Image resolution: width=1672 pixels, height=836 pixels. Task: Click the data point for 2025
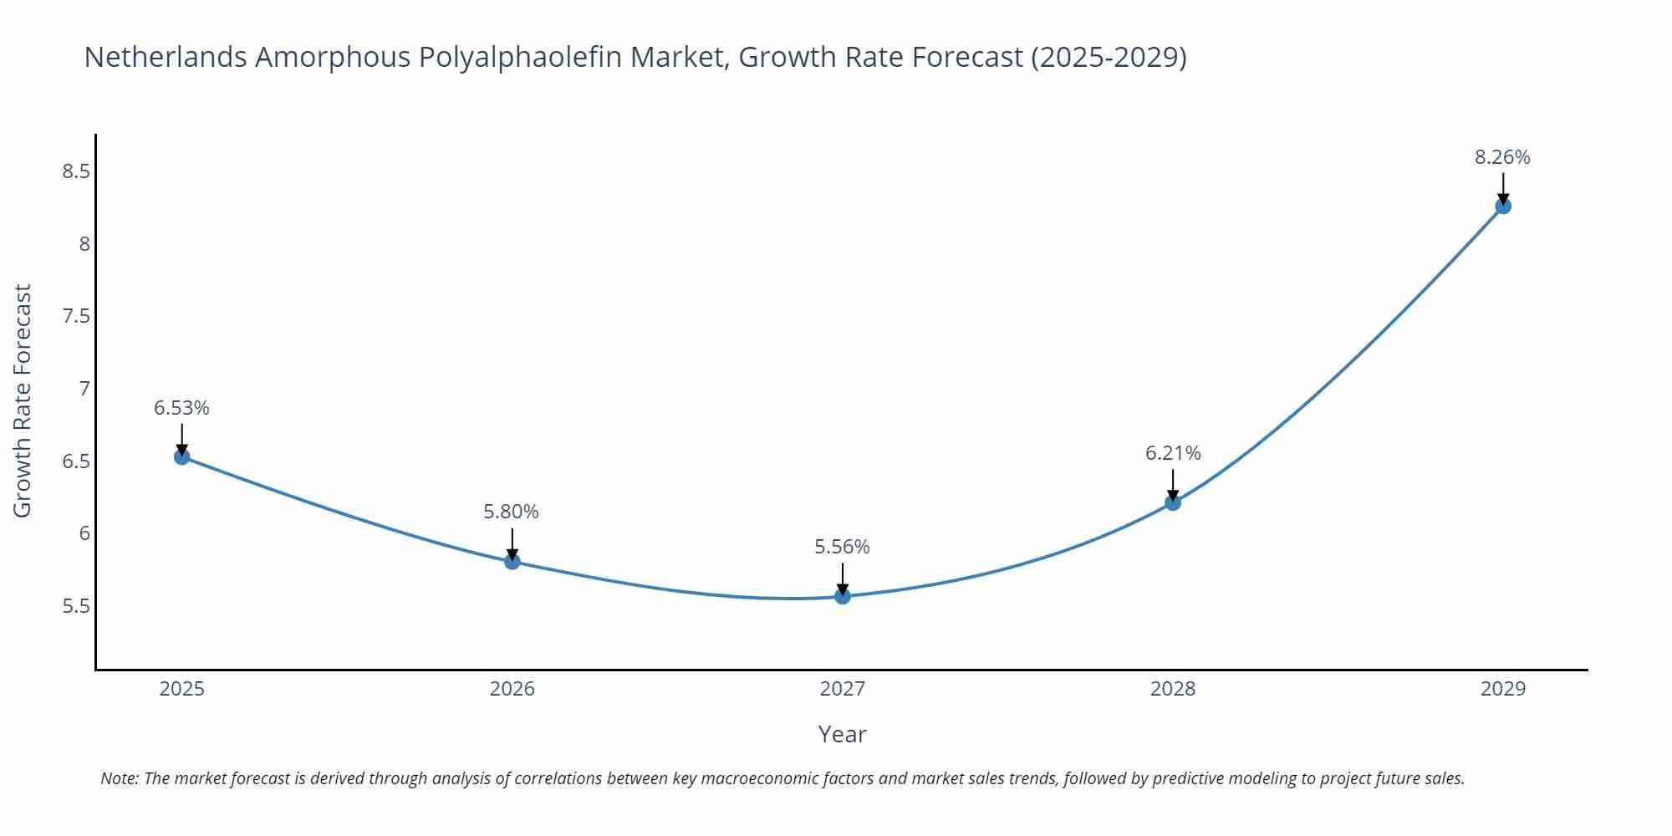tap(181, 456)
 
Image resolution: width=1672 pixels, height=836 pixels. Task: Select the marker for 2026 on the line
tap(512, 561)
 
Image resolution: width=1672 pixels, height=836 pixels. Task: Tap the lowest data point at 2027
tap(843, 596)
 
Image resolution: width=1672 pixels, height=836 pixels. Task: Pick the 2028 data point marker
tap(1173, 502)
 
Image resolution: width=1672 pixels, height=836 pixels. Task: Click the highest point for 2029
tap(1503, 206)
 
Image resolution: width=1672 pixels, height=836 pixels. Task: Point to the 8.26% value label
tap(1502, 157)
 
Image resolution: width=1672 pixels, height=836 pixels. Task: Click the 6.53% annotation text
tap(181, 408)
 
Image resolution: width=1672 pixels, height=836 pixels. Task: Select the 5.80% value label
tap(511, 512)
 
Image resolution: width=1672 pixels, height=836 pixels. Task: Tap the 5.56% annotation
tap(842, 547)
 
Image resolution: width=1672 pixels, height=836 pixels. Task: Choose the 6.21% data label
tap(1173, 453)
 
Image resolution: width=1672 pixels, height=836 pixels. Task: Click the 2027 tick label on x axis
tap(843, 689)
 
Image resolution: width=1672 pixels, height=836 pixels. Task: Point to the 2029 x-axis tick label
tap(1503, 689)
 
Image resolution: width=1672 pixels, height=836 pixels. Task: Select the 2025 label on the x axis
tap(181, 689)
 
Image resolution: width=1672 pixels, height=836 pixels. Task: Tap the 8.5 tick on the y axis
tap(76, 171)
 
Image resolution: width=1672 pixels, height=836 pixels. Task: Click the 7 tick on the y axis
tap(84, 389)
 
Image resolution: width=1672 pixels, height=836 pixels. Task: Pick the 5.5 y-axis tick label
tap(76, 606)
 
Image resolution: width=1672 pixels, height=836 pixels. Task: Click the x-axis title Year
tap(842, 734)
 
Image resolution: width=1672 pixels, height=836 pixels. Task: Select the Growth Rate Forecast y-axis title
tap(23, 400)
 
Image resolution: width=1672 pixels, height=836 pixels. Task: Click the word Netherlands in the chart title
tap(166, 57)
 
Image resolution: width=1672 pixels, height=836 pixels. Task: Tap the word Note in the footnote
tap(119, 778)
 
